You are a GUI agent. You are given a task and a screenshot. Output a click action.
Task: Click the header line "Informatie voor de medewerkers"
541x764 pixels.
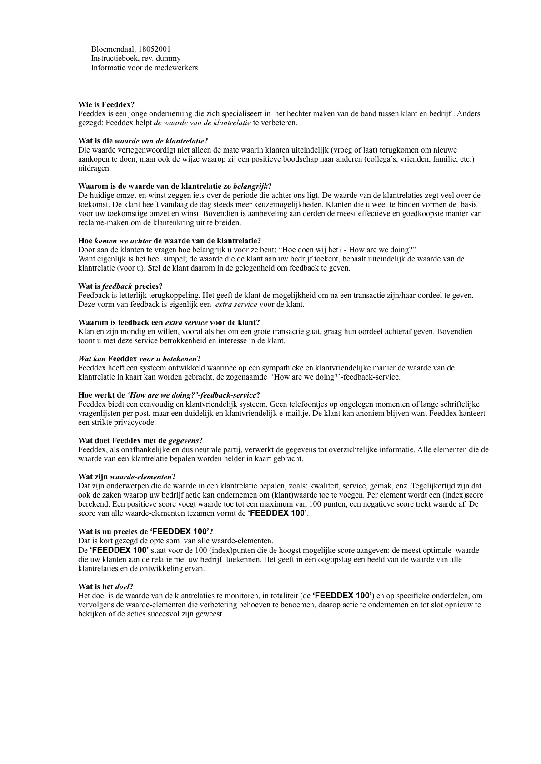click(x=144, y=68)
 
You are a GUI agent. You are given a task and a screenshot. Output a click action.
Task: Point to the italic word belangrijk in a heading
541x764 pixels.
click(x=250, y=186)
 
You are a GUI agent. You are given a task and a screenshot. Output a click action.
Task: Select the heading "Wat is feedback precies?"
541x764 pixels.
click(x=120, y=286)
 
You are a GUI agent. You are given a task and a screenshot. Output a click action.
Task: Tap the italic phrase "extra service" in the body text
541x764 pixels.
click(x=236, y=304)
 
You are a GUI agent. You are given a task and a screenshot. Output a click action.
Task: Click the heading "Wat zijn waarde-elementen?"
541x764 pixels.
click(x=127, y=477)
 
